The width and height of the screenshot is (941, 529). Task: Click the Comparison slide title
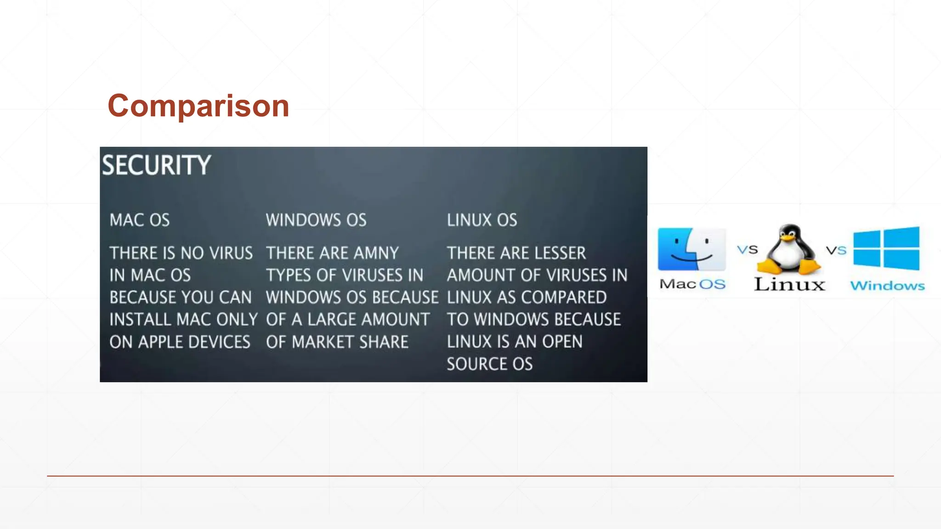point(198,106)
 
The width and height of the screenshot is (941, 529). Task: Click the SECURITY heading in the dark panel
point(156,165)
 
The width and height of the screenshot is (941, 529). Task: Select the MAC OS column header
point(140,220)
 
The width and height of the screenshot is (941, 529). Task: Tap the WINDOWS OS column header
point(316,220)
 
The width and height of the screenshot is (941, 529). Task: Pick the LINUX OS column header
point(482,220)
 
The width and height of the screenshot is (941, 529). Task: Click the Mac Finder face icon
point(692,249)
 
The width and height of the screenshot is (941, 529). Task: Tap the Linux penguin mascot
point(788,249)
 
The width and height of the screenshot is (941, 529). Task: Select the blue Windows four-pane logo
point(886,248)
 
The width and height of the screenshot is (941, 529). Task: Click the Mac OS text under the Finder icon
point(692,284)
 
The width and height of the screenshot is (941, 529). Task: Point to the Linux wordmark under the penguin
point(789,284)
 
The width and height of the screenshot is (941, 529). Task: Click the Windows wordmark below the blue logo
point(887,286)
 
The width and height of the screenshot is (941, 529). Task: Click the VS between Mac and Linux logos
point(748,250)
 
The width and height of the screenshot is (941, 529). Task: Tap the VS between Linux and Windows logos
point(836,250)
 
